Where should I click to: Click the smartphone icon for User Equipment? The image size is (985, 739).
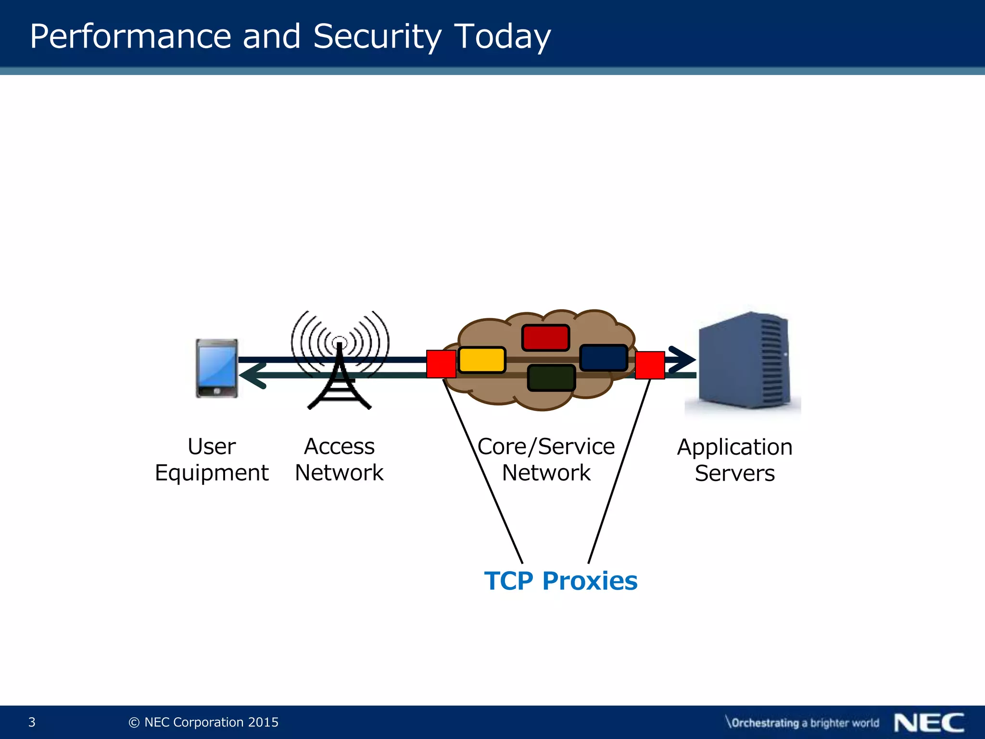[x=216, y=369]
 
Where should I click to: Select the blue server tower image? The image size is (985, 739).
[x=744, y=360]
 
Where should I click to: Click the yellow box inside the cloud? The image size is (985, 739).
[x=481, y=360]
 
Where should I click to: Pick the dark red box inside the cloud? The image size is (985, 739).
[x=545, y=337]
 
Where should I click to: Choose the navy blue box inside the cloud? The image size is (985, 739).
[x=604, y=357]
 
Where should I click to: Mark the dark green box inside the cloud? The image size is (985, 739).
[x=551, y=378]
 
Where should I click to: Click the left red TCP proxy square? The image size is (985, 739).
[x=441, y=364]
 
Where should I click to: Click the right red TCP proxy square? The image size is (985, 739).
[x=650, y=365]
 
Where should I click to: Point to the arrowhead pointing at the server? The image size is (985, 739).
[x=683, y=359]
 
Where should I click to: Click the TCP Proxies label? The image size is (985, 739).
[x=560, y=581]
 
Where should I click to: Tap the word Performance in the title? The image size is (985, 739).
[x=130, y=37]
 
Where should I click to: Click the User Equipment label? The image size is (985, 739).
[x=212, y=459]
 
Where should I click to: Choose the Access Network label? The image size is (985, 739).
[x=339, y=459]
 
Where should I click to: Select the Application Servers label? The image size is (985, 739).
[x=734, y=460]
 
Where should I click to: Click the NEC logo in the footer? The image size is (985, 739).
[x=929, y=722]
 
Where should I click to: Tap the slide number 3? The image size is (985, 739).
[x=32, y=722]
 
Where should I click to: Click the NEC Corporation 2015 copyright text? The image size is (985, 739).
[x=204, y=722]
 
